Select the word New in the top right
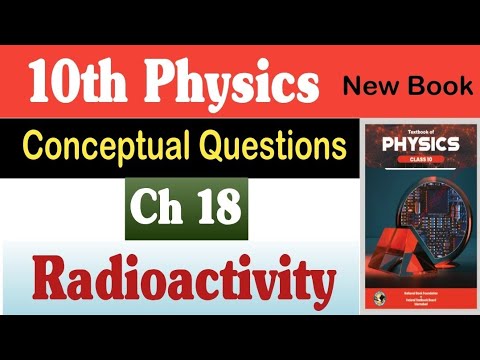click(375, 86)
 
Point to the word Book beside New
click(440, 86)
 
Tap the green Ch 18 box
click(186, 208)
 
